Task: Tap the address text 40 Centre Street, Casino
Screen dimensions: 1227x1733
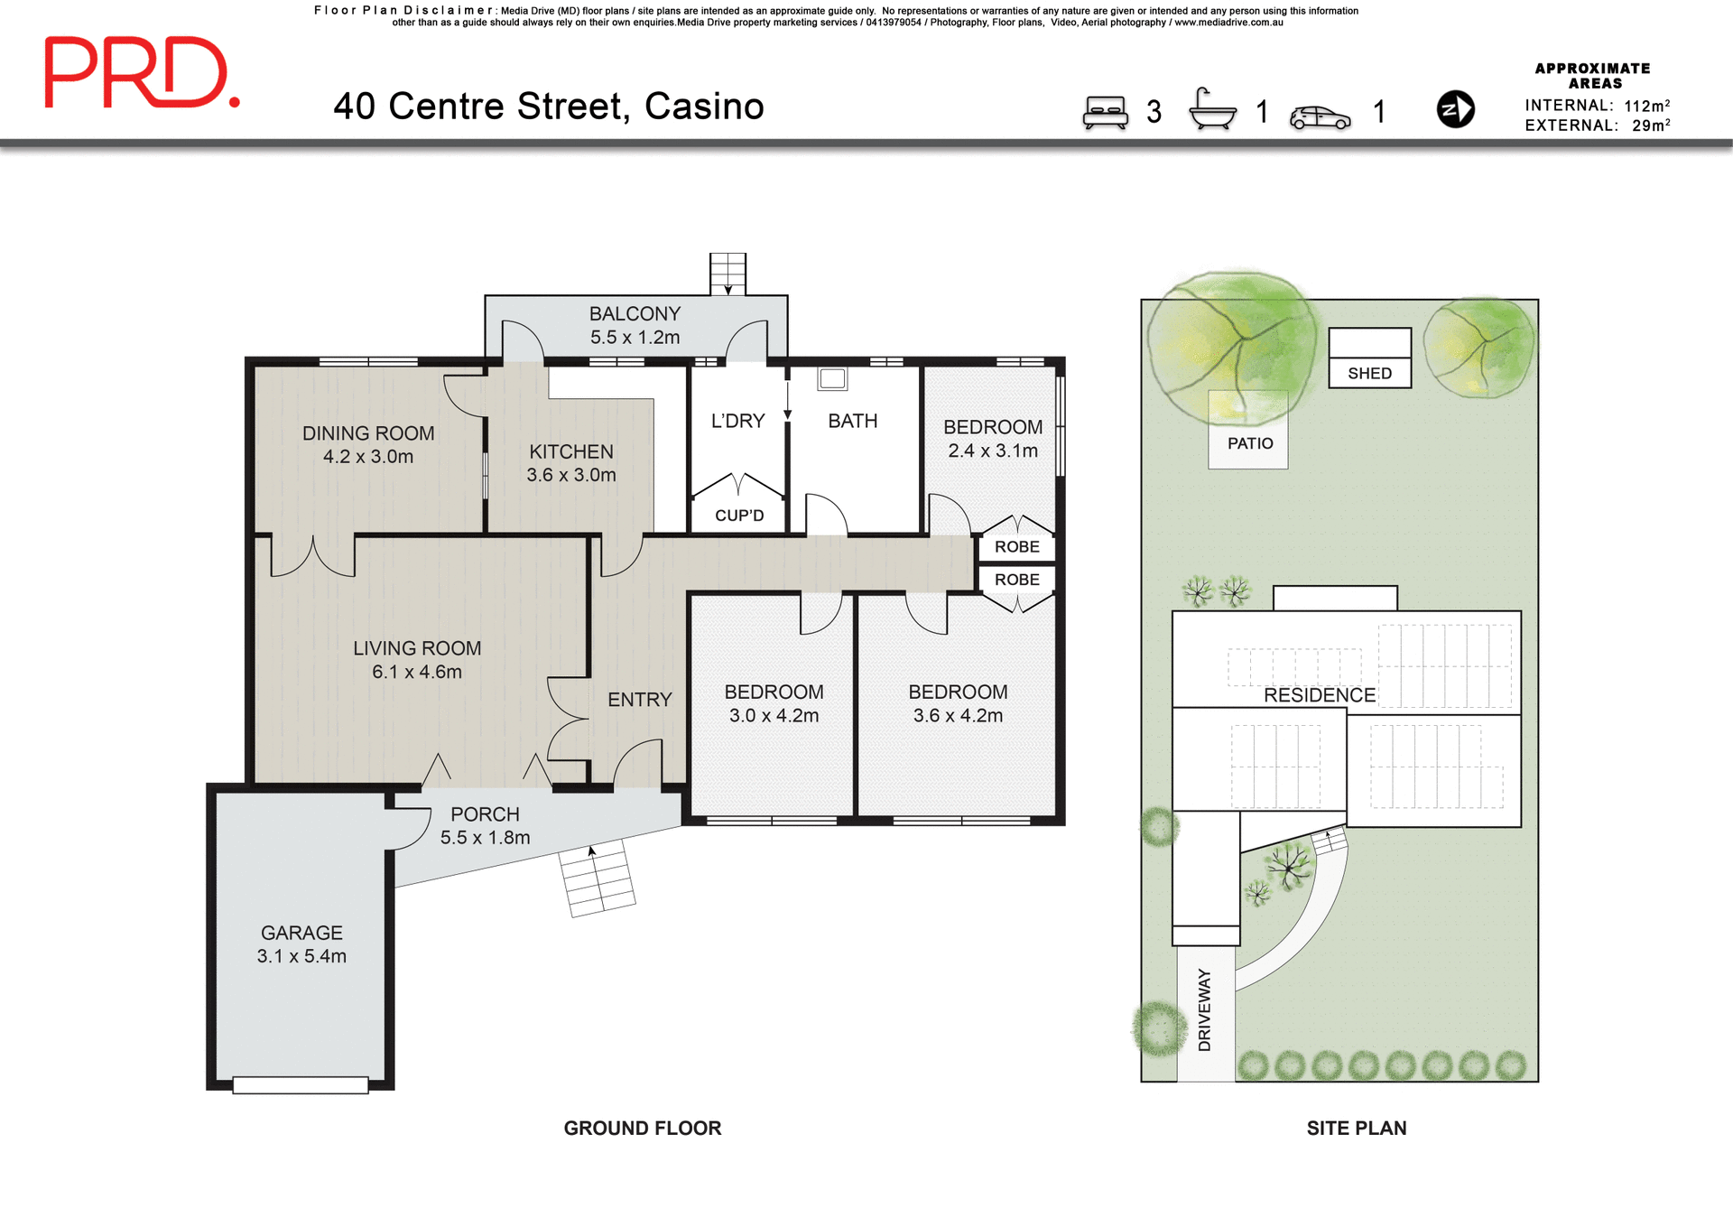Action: (548, 107)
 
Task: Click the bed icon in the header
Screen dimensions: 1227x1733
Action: (1105, 112)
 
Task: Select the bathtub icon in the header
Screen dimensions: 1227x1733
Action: (1212, 110)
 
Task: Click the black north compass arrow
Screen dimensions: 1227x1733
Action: (1455, 109)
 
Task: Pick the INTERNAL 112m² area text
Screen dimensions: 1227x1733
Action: (1596, 106)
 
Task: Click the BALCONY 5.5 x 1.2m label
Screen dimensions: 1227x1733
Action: (635, 325)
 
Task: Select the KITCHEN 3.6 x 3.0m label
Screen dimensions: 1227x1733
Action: (571, 462)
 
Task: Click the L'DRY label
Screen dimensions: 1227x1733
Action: (737, 421)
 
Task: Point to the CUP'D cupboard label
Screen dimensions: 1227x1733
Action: (739, 516)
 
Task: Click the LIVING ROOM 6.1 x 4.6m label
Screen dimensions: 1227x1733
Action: (417, 659)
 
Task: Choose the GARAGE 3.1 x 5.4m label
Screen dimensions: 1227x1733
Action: (301, 943)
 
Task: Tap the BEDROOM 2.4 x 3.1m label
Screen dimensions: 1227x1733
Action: (992, 438)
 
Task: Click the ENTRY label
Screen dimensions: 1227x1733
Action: (639, 700)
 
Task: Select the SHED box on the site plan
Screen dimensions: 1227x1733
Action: (1369, 359)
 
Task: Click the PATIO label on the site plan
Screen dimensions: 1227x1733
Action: (1249, 443)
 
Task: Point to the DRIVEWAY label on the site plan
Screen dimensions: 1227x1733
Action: (1204, 1009)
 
